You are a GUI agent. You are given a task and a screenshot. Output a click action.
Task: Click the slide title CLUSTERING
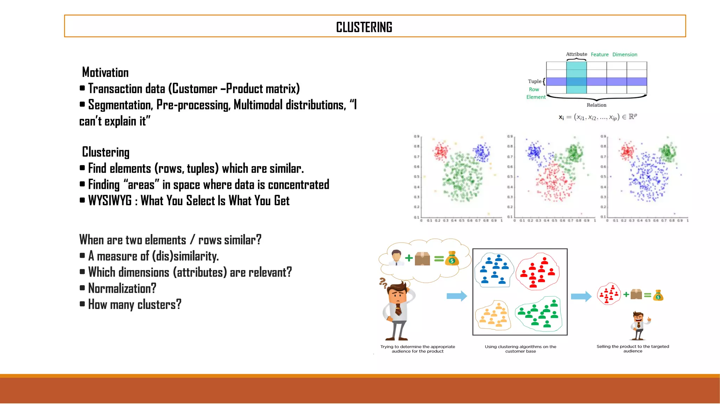coord(364,27)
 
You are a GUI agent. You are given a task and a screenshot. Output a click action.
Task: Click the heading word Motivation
coord(105,72)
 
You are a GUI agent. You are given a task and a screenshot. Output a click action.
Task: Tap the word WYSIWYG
coord(110,201)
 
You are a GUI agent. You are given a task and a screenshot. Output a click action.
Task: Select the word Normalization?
coord(122,288)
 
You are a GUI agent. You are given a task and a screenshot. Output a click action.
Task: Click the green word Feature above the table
coord(599,54)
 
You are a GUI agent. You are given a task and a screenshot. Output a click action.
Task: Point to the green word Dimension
coord(624,54)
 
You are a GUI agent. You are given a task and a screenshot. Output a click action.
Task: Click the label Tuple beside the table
coord(534,81)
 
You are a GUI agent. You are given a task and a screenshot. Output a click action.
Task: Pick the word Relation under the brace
coord(596,105)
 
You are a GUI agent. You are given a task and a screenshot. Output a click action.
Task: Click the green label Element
coord(536,97)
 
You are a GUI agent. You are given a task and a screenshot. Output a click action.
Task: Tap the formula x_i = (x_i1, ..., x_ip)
coord(598,117)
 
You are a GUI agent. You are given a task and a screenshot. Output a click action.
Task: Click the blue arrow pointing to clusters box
coord(457,296)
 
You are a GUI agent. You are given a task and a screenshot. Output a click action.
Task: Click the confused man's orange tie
coord(398,309)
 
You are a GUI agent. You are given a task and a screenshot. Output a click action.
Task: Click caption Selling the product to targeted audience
coord(632,348)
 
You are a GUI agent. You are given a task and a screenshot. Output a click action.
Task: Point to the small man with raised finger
coord(639,326)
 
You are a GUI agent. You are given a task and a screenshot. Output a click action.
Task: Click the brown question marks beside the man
coord(383,282)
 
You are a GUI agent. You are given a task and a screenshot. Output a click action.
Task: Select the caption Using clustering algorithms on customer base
coord(520,348)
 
